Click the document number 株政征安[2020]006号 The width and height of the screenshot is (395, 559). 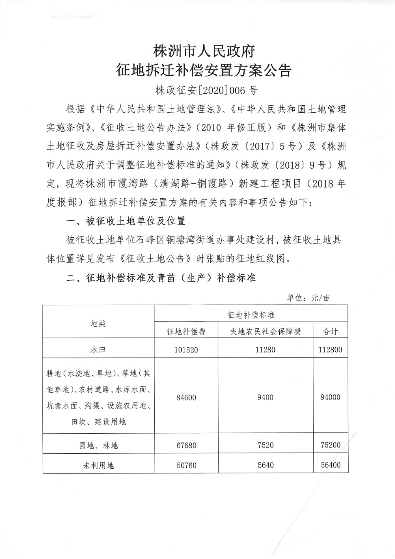tap(206, 90)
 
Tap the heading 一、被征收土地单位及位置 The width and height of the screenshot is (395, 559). tap(126, 221)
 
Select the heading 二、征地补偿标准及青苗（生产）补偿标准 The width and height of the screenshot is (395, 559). tap(161, 278)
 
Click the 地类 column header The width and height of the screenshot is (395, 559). tap(98, 323)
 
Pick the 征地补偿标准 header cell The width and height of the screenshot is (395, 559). tap(251, 315)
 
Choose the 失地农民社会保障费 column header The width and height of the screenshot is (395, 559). tap(265, 331)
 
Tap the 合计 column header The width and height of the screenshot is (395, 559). tap(330, 331)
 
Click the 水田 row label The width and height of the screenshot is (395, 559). tap(98, 350)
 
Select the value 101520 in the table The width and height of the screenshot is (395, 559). tap(186, 350)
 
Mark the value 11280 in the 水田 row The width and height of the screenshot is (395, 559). tap(265, 350)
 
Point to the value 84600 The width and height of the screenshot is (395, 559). tap(186, 397)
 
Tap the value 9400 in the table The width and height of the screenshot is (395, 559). tap(265, 397)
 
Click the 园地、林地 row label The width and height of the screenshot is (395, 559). tap(98, 446)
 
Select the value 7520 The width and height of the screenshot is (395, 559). tap(265, 445)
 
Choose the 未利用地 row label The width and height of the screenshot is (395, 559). tap(98, 465)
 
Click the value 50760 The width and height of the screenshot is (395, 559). tap(186, 465)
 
